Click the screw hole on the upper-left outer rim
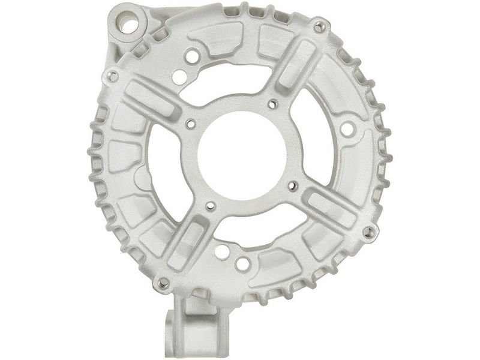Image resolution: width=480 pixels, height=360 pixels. [x=112, y=76]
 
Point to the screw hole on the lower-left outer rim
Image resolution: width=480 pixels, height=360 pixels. [x=162, y=281]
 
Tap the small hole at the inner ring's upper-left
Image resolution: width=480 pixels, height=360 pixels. [x=191, y=125]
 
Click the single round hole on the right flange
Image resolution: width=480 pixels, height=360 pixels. [x=346, y=128]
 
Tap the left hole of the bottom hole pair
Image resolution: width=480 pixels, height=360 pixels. [x=222, y=251]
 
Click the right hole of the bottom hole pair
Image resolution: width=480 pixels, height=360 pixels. [x=243, y=263]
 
